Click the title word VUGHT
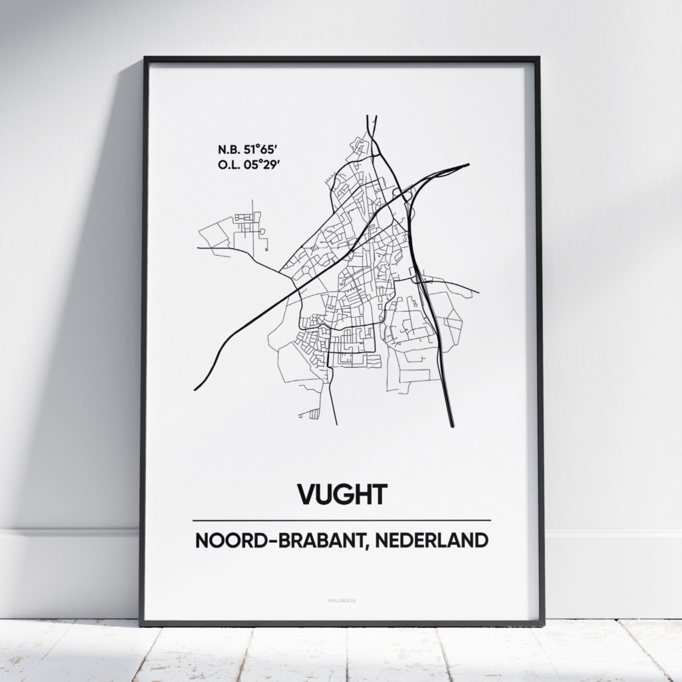pyautogui.click(x=341, y=495)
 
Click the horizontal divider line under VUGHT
pyautogui.click(x=341, y=519)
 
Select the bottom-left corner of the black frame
pyautogui.click(x=142, y=623)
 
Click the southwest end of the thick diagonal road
pyautogui.click(x=195, y=389)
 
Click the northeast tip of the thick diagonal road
pyautogui.click(x=468, y=165)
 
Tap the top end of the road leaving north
pyautogui.click(x=371, y=117)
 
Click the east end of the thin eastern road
pyautogui.click(x=478, y=292)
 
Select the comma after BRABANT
pyautogui.click(x=366, y=546)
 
